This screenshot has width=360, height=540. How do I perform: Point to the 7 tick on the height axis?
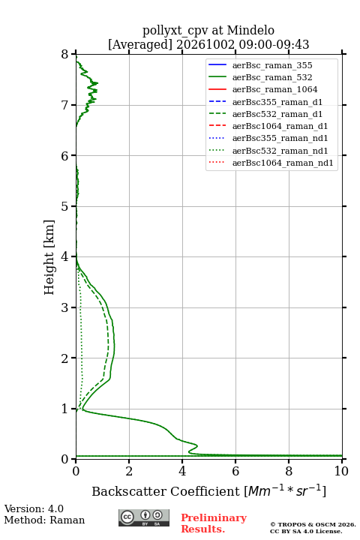coord(73,105)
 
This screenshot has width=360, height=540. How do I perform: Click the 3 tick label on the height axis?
coord(64,307)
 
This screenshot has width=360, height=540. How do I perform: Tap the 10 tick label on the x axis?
coord(341,471)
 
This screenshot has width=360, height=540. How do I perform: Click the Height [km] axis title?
coord(49,257)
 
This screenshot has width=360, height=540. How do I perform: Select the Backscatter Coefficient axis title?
coord(208,490)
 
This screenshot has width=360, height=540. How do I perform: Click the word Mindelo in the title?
coord(250,30)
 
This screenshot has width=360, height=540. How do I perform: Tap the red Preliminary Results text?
coord(214,523)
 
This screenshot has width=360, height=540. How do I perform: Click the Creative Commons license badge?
coord(144,518)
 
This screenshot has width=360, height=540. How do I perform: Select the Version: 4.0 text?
coord(34,508)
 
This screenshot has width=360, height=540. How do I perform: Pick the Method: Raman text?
coord(44,520)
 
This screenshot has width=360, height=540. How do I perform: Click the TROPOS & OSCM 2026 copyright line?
coord(313,524)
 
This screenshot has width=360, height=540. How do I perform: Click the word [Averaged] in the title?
coord(140,45)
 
